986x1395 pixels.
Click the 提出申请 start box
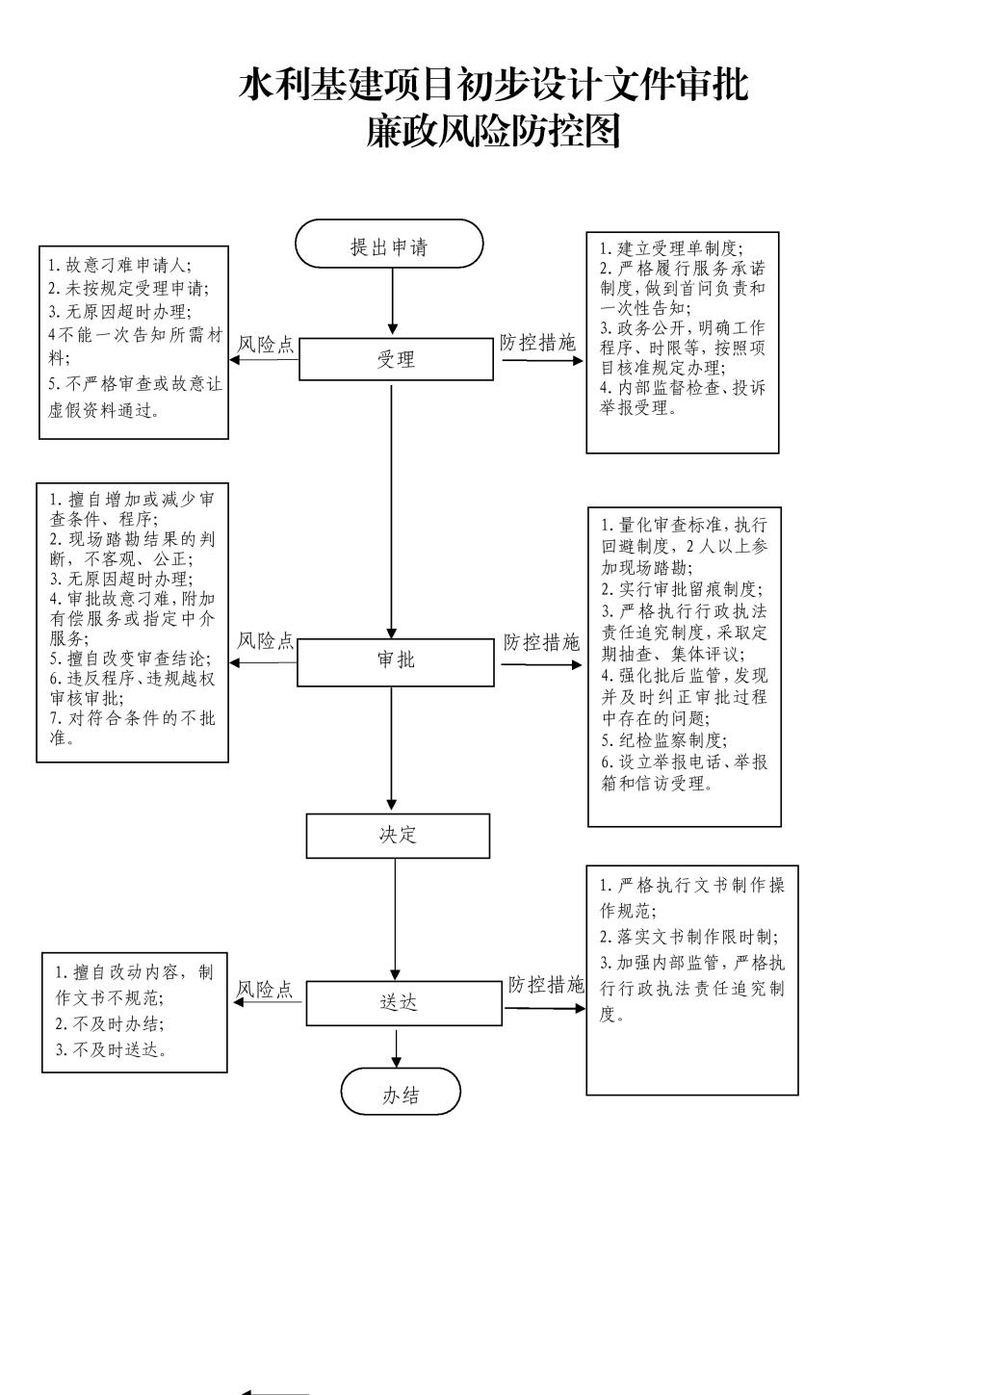[x=389, y=244]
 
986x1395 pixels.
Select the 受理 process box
[x=396, y=359]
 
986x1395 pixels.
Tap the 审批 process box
[x=396, y=663]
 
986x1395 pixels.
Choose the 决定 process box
[x=398, y=835]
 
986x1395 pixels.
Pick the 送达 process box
[x=403, y=1002]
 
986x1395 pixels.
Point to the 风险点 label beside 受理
[x=266, y=345]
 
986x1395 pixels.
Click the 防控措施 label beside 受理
[x=537, y=343]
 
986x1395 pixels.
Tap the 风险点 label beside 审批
[x=266, y=640]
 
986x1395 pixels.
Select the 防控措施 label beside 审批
[x=541, y=642]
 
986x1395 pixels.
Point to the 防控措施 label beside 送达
[x=546, y=985]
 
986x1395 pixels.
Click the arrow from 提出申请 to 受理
[x=393, y=301]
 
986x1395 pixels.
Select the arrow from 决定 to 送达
[x=395, y=919]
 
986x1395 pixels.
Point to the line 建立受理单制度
[x=677, y=248]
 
